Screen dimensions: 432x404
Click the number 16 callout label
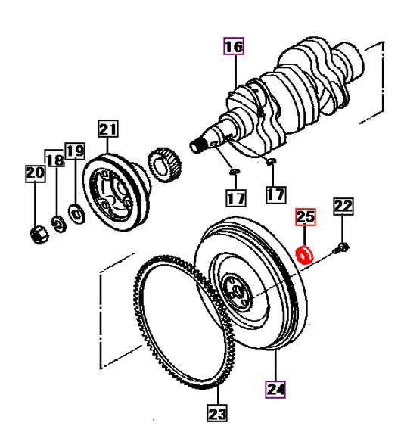[233, 47]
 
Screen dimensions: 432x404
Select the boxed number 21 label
[107, 130]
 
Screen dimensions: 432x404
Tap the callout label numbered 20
[35, 174]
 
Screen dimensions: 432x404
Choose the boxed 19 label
[74, 151]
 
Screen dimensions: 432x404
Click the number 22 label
[343, 206]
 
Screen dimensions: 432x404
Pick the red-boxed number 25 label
[305, 219]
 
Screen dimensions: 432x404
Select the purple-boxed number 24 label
[275, 390]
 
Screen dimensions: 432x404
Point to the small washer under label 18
[57, 223]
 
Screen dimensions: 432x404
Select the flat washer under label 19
[77, 214]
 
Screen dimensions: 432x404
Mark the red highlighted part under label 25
[306, 255]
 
